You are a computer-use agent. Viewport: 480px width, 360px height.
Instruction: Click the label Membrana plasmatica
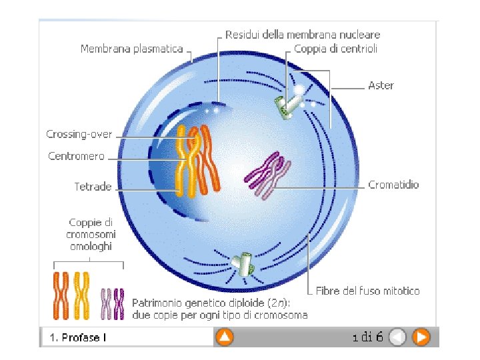tap(131, 49)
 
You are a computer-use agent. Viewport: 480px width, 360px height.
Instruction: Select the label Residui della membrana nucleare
tap(303, 34)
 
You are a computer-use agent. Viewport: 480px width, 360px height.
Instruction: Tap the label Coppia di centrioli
tap(336, 49)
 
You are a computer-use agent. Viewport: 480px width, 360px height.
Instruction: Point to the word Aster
tap(381, 85)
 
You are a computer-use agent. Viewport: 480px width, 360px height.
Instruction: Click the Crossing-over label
tap(79, 135)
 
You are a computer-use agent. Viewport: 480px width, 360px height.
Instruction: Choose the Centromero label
tap(76, 157)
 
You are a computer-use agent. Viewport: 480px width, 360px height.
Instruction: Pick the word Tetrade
tap(93, 187)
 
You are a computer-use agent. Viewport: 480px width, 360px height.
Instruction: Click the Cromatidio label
tap(393, 185)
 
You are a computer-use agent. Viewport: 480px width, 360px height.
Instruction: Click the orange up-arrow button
tap(225, 337)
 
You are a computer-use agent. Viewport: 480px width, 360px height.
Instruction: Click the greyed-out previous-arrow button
tap(397, 337)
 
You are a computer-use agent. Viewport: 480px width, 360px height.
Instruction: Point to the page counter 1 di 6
tap(367, 337)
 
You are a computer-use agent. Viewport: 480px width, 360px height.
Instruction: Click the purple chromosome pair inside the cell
tap(267, 175)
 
